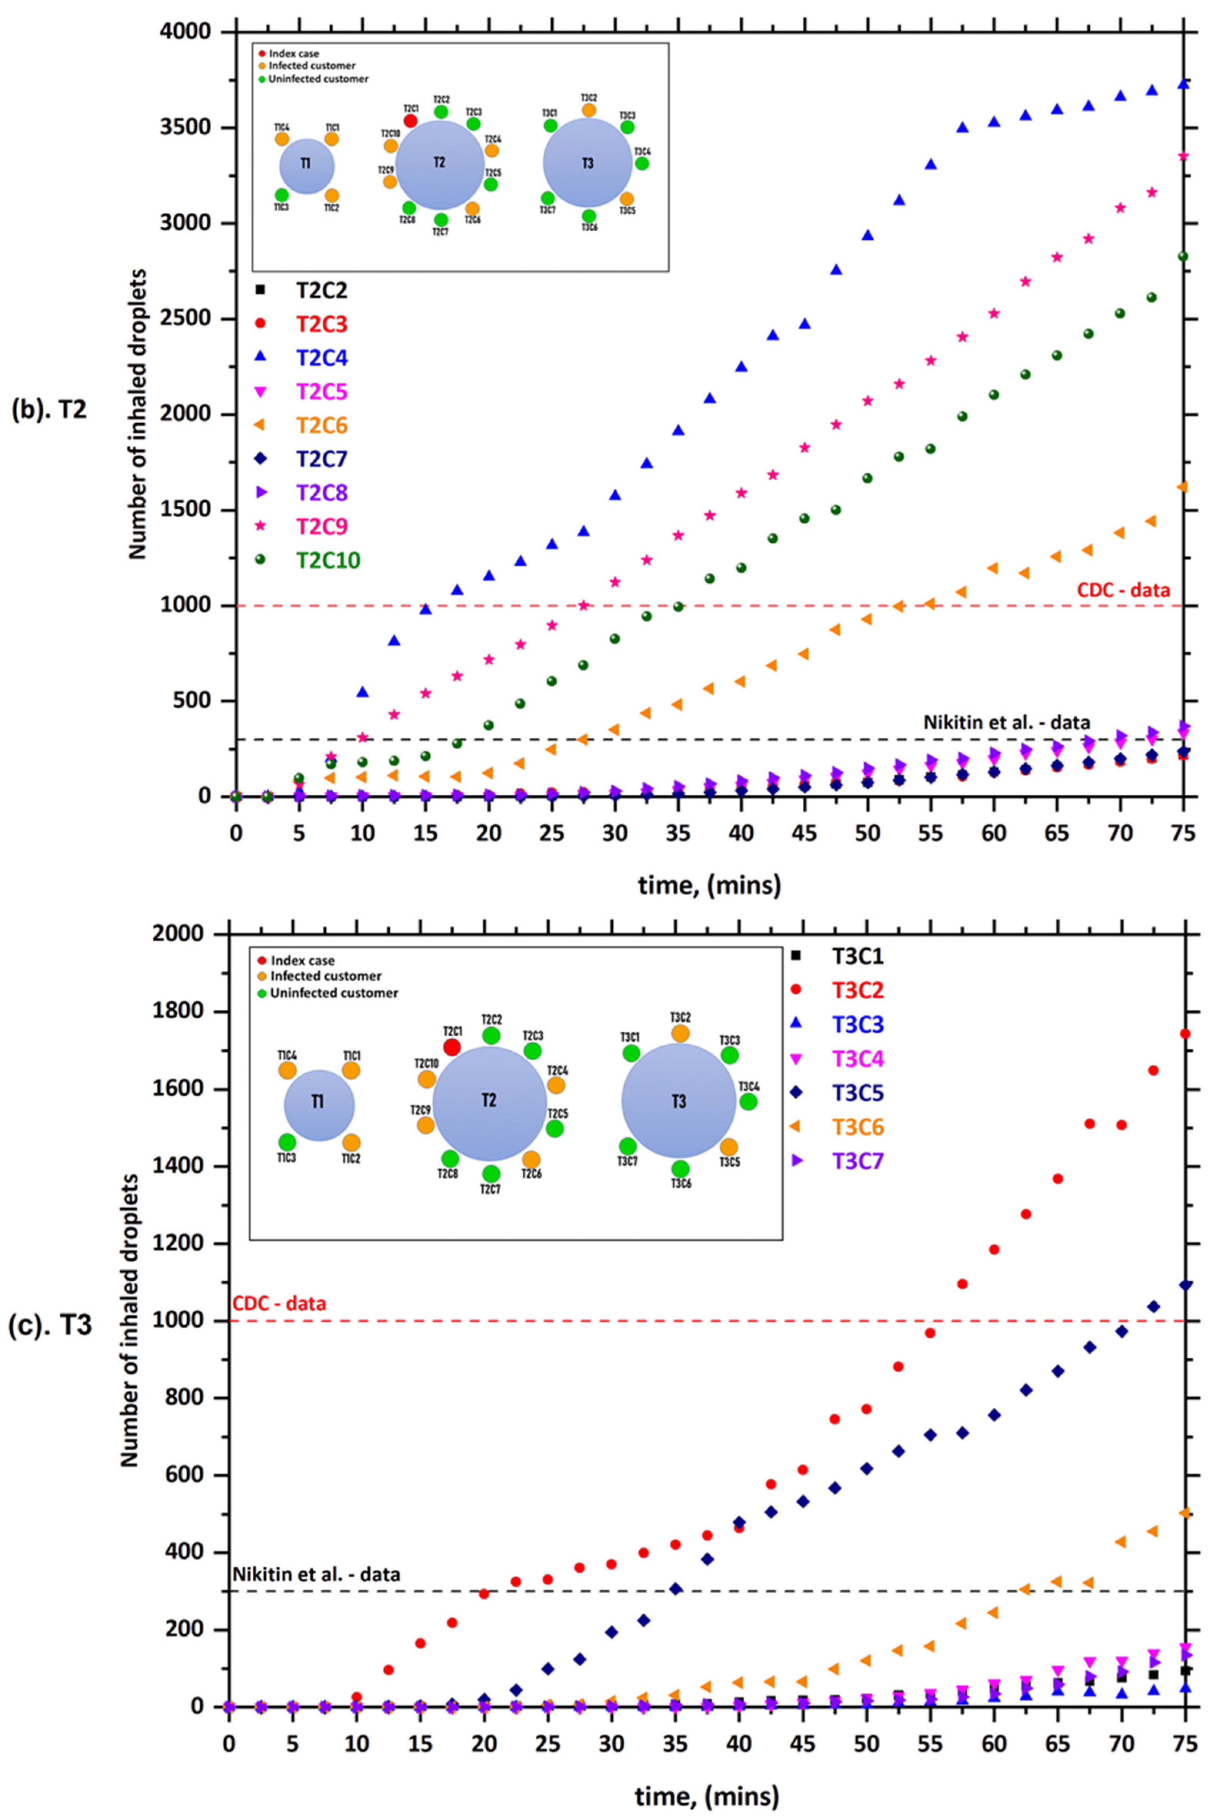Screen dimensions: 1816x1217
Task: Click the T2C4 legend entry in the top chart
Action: click(x=320, y=358)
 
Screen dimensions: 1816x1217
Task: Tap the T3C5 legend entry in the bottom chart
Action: click(x=857, y=1093)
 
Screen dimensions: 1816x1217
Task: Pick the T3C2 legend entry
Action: click(x=857, y=990)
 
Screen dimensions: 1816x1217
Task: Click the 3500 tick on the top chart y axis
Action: click(x=189, y=127)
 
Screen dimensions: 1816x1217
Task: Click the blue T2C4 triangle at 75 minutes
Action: click(x=1183, y=83)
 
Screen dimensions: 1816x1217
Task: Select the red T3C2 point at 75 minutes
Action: click(x=1184, y=1033)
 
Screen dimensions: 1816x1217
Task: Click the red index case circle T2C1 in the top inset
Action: click(x=410, y=121)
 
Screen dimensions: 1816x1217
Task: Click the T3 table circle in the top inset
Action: click(x=588, y=163)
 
